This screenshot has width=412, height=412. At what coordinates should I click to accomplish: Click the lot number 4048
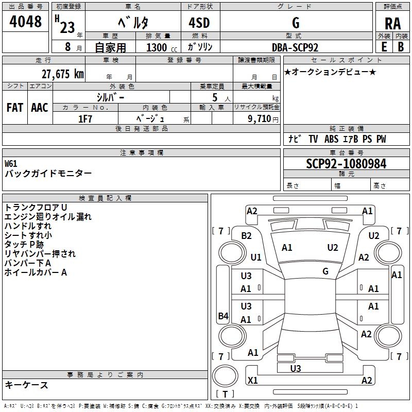click(x=26, y=22)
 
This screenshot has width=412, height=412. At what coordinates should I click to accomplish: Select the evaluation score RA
click(x=392, y=23)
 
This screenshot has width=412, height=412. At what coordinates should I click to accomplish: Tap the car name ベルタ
click(x=132, y=23)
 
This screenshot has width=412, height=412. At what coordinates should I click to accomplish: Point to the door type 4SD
click(x=199, y=23)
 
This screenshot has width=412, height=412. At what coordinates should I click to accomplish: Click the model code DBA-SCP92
click(x=295, y=47)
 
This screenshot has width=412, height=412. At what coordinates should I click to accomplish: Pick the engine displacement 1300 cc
click(x=158, y=47)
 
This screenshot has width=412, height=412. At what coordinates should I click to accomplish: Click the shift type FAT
click(x=14, y=108)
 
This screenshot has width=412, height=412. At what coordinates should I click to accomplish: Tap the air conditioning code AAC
click(x=39, y=108)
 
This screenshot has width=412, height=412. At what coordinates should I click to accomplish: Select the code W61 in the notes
click(x=11, y=164)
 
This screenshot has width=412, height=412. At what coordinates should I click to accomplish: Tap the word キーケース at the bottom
click(x=26, y=385)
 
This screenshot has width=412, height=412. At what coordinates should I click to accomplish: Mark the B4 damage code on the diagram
click(x=223, y=316)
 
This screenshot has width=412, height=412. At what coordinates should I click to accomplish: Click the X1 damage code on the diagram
click(x=253, y=381)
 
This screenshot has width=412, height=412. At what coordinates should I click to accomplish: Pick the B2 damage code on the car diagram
click(x=247, y=236)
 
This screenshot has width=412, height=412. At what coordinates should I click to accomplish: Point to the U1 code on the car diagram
click(x=256, y=257)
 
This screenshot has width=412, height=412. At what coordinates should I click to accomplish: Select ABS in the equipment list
click(x=333, y=139)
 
